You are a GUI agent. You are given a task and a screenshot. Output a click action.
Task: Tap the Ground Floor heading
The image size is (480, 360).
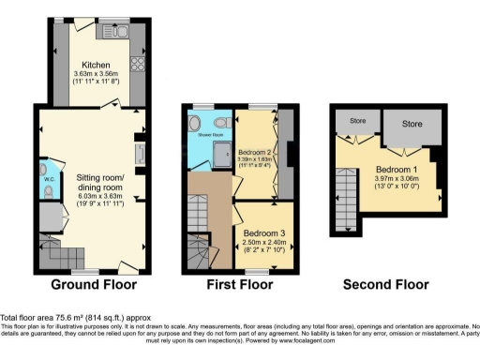coord(94,284)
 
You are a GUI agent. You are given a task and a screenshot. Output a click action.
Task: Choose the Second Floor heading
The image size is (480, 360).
coord(385,284)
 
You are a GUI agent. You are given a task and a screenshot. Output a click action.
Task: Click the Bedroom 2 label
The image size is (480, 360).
coord(254,152)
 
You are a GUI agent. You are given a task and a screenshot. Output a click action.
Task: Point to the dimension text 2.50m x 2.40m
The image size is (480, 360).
coord(264,244)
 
